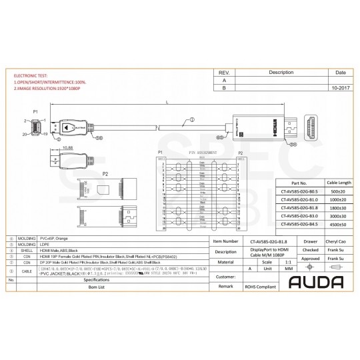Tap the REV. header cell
[x=224, y=71]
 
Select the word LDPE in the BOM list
[x=46, y=245]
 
